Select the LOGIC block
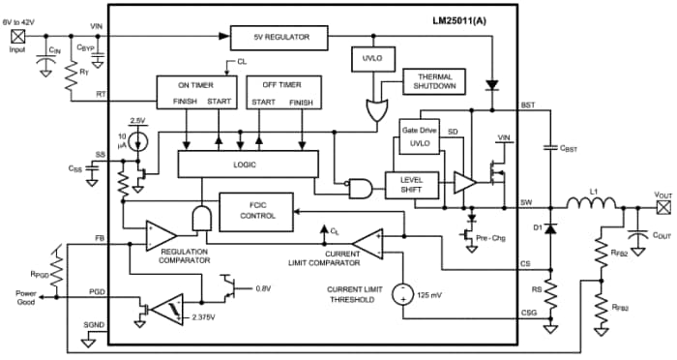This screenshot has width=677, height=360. (x=248, y=165)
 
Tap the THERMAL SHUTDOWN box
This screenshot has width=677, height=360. (x=434, y=81)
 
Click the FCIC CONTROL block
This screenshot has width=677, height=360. (x=257, y=211)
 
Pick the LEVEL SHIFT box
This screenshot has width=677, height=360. (x=412, y=183)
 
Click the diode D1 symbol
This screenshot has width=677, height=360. (x=550, y=228)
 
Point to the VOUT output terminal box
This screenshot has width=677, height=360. (x=663, y=206)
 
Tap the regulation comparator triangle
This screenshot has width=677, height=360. (x=161, y=234)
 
